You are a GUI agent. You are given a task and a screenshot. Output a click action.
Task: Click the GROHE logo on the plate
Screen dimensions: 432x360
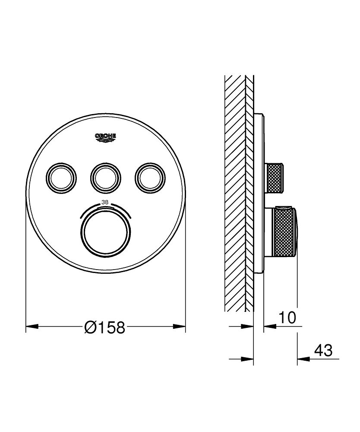coord(105,137)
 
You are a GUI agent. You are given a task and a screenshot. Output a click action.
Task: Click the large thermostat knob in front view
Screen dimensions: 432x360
coord(105,231)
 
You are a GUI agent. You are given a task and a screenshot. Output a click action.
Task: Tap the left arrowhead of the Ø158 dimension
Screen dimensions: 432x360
coord(30,327)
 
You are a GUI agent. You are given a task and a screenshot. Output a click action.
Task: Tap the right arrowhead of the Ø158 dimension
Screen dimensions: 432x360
coord(181,327)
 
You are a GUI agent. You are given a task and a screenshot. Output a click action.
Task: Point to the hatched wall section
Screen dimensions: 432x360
coord(235,194)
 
